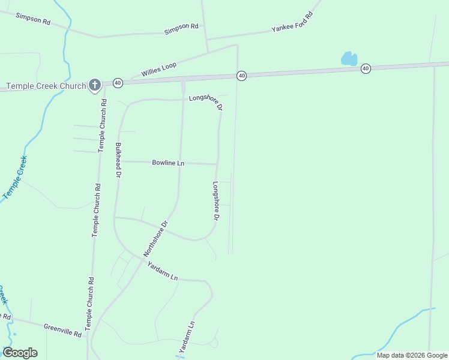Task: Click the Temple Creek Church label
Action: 46,86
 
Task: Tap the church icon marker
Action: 94,86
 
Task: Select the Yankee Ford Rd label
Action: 292,22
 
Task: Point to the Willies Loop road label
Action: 159,69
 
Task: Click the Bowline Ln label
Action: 168,163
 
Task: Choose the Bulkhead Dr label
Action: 118,160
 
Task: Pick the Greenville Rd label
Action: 62,329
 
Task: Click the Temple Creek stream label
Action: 15,178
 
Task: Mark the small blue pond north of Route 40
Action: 349,58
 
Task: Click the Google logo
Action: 20,352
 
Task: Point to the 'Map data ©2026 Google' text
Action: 412,355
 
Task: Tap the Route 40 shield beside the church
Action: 118,82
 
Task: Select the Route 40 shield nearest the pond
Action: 366,69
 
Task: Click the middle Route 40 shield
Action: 241,76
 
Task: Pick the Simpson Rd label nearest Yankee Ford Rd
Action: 181,27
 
